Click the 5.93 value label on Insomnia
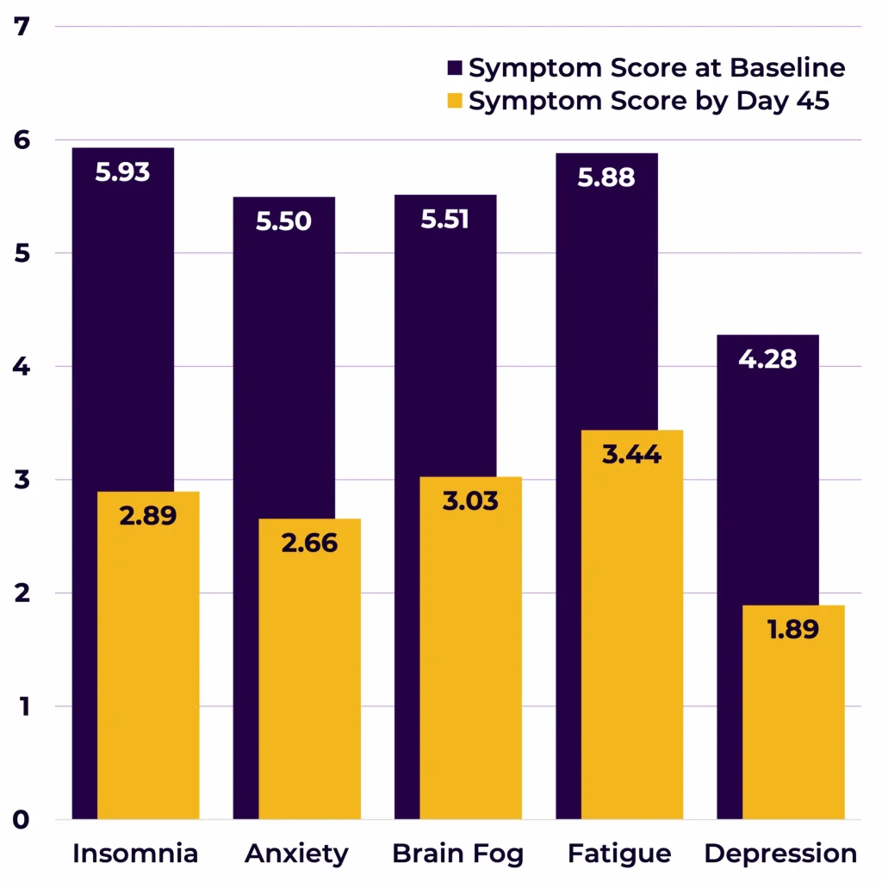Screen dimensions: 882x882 pyautogui.click(x=122, y=172)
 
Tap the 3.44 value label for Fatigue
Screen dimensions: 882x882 pyautogui.click(x=631, y=454)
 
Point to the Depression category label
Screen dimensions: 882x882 pyautogui.click(x=780, y=854)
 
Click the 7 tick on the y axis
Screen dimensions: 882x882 pyautogui.click(x=22, y=27)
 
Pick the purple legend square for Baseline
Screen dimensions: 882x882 pyautogui.click(x=455, y=68)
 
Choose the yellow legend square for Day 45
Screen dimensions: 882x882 pyautogui.click(x=455, y=101)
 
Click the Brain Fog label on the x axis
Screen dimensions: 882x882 pyautogui.click(x=457, y=854)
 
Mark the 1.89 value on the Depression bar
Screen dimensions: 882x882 pyautogui.click(x=792, y=629)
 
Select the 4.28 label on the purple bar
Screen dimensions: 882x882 pyautogui.click(x=767, y=358)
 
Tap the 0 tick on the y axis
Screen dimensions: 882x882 pyautogui.click(x=22, y=819)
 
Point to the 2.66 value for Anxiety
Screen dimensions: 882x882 pyautogui.click(x=309, y=543)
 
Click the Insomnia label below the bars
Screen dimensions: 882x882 pyautogui.click(x=135, y=854)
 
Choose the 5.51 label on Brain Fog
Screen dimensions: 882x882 pyautogui.click(x=444, y=219)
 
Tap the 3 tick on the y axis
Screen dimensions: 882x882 pyautogui.click(x=22, y=480)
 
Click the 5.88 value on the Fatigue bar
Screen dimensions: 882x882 pyautogui.click(x=606, y=177)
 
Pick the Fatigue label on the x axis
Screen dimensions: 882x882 pyautogui.click(x=619, y=854)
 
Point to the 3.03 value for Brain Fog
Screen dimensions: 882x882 pyautogui.click(x=470, y=500)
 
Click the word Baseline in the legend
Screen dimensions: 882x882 pyautogui.click(x=786, y=68)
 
